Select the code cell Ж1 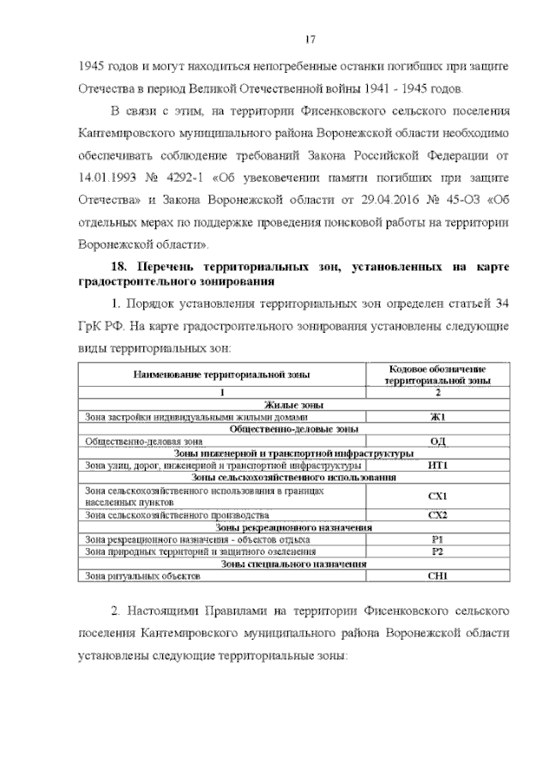click(x=437, y=417)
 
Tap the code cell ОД click(x=437, y=441)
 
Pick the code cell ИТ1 click(x=437, y=465)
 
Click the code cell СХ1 click(x=437, y=496)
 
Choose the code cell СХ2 click(x=437, y=515)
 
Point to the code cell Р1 click(x=437, y=540)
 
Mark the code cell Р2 click(x=437, y=552)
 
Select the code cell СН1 click(x=437, y=577)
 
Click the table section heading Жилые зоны click(x=293, y=405)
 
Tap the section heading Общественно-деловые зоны click(x=293, y=429)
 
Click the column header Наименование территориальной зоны click(x=220, y=374)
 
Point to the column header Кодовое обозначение click(x=437, y=368)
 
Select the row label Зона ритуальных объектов click(x=142, y=577)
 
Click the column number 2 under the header click(x=437, y=392)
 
